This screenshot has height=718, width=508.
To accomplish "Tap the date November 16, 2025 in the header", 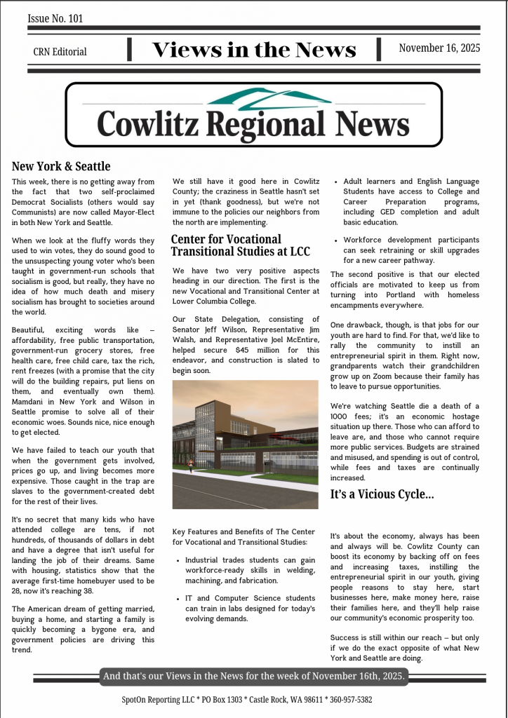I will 439,48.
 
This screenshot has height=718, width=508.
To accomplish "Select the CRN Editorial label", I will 60,51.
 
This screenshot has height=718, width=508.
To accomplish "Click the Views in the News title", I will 254,50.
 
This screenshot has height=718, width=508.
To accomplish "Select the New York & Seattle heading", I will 61,166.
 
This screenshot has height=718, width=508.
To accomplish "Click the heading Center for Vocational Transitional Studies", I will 226,245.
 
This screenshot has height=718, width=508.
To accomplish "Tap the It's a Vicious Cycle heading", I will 382,494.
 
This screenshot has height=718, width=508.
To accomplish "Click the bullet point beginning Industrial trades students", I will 250,570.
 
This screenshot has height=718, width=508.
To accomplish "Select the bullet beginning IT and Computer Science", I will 250,609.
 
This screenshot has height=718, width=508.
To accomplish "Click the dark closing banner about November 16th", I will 253,676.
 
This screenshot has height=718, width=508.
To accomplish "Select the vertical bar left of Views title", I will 130,49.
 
